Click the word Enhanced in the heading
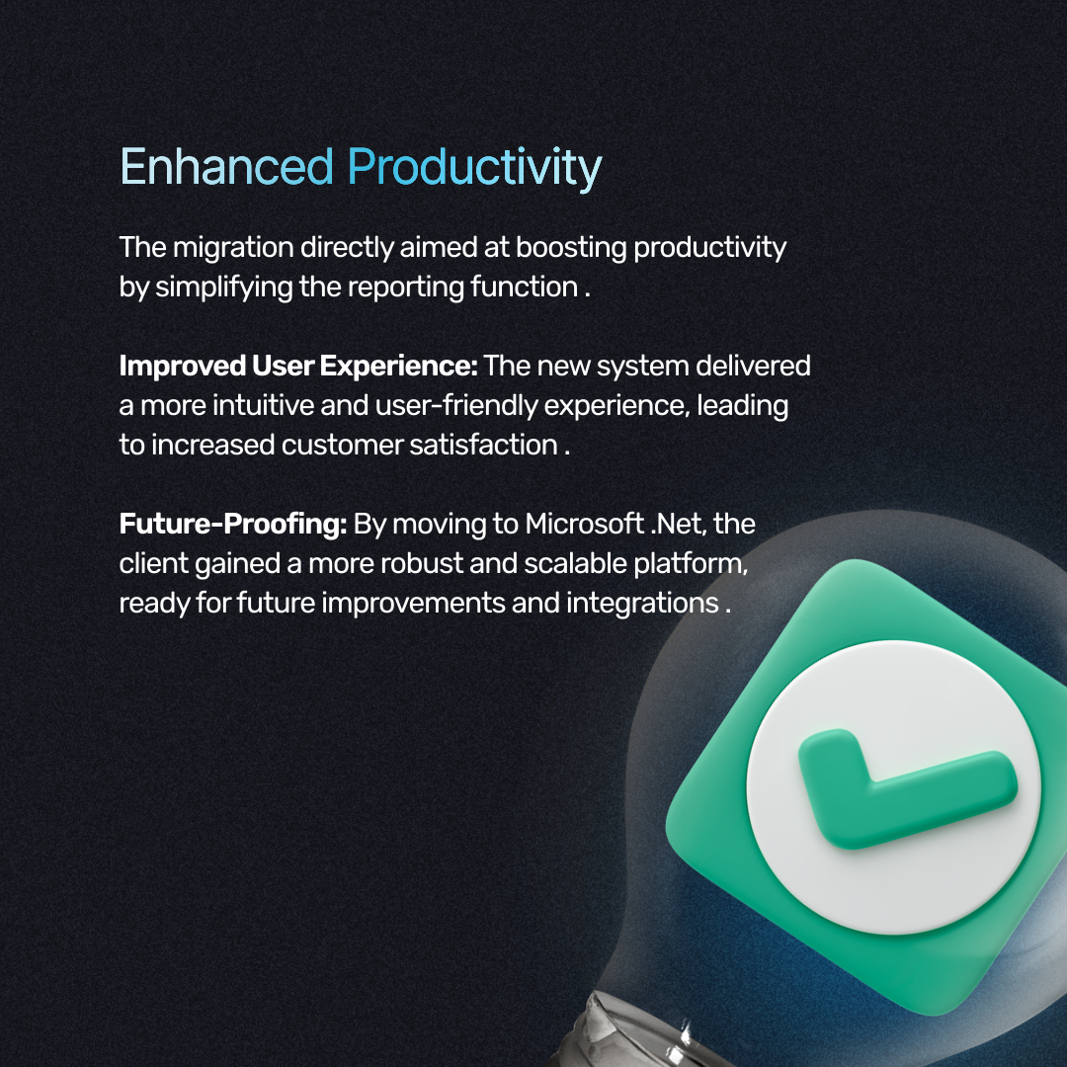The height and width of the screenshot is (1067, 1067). (226, 168)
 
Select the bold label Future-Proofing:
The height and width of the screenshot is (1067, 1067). (233, 524)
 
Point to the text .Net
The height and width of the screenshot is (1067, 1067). (677, 524)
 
